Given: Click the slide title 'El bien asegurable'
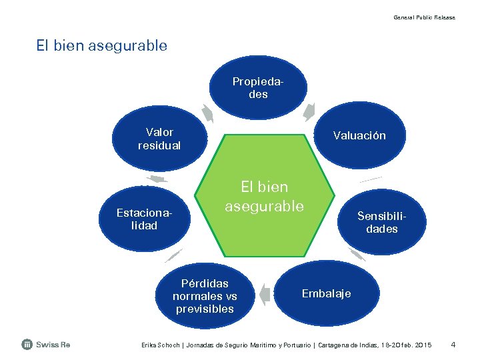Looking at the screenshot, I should point(102,46).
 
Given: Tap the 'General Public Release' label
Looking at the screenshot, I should point(424,17).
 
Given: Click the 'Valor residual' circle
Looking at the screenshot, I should point(159,139).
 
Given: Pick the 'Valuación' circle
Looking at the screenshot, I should point(360,135).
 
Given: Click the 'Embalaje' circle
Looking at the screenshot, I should point(326,293).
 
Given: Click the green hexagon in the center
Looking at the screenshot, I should point(264,197).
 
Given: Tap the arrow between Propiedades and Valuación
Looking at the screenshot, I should point(309,111).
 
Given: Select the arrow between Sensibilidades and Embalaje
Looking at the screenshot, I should point(357,254).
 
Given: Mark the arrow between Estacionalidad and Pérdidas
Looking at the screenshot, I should point(173,255).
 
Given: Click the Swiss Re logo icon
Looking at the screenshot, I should point(27,344).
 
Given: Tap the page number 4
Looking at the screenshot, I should point(453,345).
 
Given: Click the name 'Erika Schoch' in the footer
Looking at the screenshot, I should point(158,345).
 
